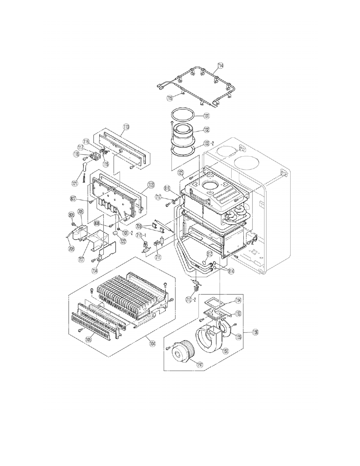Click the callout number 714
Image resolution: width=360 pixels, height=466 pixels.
pyautogui.click(x=220, y=66)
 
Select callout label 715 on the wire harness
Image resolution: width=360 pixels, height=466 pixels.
pyautogui.click(x=170, y=98)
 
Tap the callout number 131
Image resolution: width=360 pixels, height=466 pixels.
pyautogui.click(x=206, y=115)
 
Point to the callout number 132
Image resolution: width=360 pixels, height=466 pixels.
pyautogui.click(x=206, y=129)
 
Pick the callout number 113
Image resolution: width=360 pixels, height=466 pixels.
pyautogui.click(x=125, y=127)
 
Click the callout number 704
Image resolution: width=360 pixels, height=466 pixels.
pyautogui.click(x=94, y=270)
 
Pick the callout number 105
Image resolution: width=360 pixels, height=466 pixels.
pyautogui.click(x=88, y=339)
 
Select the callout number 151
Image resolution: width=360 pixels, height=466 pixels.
pyautogui.click(x=225, y=351)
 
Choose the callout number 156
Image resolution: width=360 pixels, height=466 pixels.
pyautogui.click(x=255, y=332)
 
